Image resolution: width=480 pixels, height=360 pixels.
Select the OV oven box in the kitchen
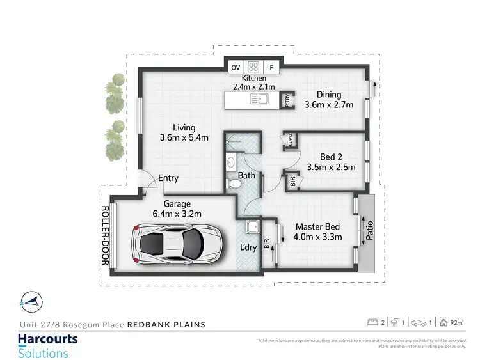(234, 67)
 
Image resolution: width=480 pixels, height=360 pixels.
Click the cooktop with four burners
(253, 67)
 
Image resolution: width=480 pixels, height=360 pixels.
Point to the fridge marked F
(271, 67)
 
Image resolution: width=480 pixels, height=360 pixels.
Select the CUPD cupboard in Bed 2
(290, 141)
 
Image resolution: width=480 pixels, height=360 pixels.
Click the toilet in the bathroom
(234, 184)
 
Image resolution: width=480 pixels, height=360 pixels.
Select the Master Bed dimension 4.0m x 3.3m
(317, 237)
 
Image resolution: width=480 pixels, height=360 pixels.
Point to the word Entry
(168, 178)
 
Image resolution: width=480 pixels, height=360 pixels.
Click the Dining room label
(328, 95)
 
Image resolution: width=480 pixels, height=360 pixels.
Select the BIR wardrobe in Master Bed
(267, 243)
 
